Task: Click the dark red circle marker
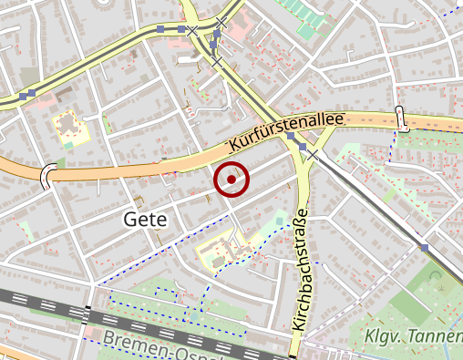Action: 231,180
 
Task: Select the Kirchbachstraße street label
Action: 302,270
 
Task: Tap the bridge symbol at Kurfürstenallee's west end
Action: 47,174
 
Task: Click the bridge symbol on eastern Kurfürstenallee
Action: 400,117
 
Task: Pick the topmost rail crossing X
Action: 221,20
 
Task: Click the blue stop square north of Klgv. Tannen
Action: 425,247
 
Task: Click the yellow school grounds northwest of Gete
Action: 71,126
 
